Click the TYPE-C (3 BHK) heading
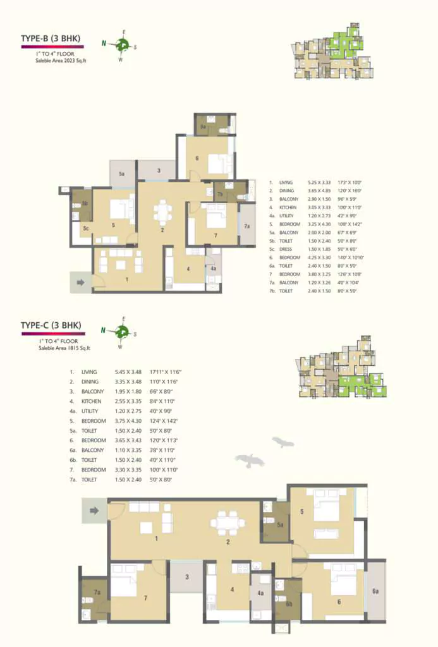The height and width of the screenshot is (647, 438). pyautogui.click(x=51, y=325)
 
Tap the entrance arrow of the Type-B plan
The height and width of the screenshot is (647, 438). pyautogui.click(x=81, y=282)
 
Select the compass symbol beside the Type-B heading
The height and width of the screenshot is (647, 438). pyautogui.click(x=122, y=44)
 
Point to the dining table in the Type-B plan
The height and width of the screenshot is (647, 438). pyautogui.click(x=162, y=212)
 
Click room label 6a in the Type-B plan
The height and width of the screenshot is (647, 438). pyautogui.click(x=204, y=126)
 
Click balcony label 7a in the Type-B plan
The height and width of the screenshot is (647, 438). pyautogui.click(x=247, y=226)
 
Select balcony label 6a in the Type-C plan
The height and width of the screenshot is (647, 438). pyautogui.click(x=375, y=591)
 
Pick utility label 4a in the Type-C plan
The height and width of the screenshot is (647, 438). pyautogui.click(x=260, y=593)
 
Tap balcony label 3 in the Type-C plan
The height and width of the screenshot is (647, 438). pyautogui.click(x=188, y=577)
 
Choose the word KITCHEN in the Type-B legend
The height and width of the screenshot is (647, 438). pyautogui.click(x=286, y=207)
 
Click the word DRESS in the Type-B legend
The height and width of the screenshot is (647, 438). pyautogui.click(x=285, y=250)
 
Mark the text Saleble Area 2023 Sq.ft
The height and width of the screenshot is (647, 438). pyautogui.click(x=63, y=61)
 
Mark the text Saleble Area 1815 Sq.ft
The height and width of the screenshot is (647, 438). pyautogui.click(x=63, y=347)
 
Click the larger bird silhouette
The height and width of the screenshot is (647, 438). pyautogui.click(x=248, y=460)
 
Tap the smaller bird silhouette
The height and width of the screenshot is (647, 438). pyautogui.click(x=283, y=442)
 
